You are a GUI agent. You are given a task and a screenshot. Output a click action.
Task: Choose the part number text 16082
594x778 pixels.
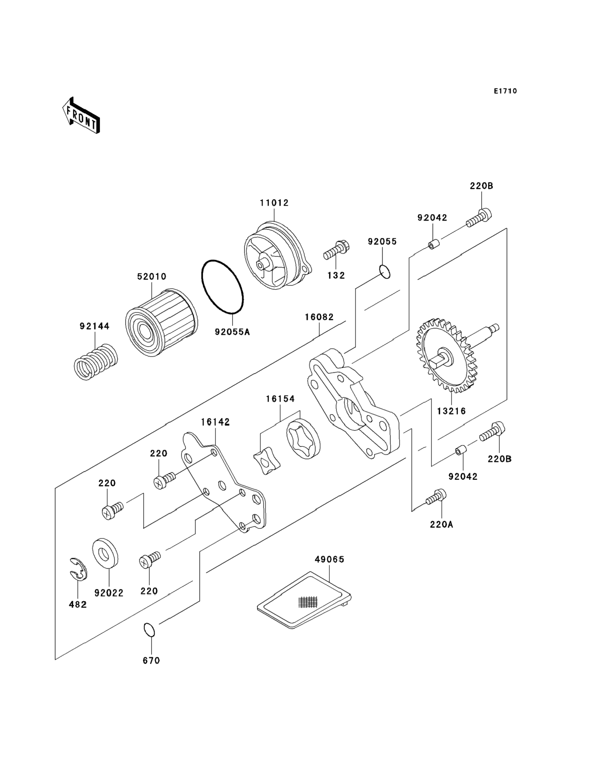[x=319, y=317]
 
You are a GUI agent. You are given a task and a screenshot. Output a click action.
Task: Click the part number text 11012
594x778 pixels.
[x=274, y=203]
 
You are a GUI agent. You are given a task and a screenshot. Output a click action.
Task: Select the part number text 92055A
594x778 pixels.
[x=232, y=332]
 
